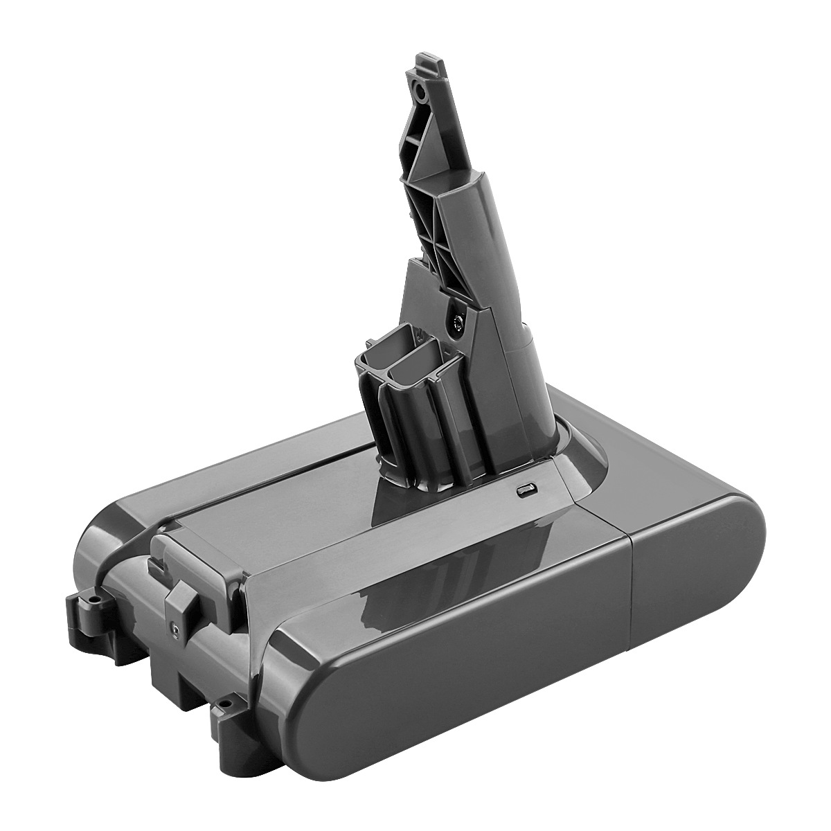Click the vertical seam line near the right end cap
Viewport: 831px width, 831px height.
click(632, 589)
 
